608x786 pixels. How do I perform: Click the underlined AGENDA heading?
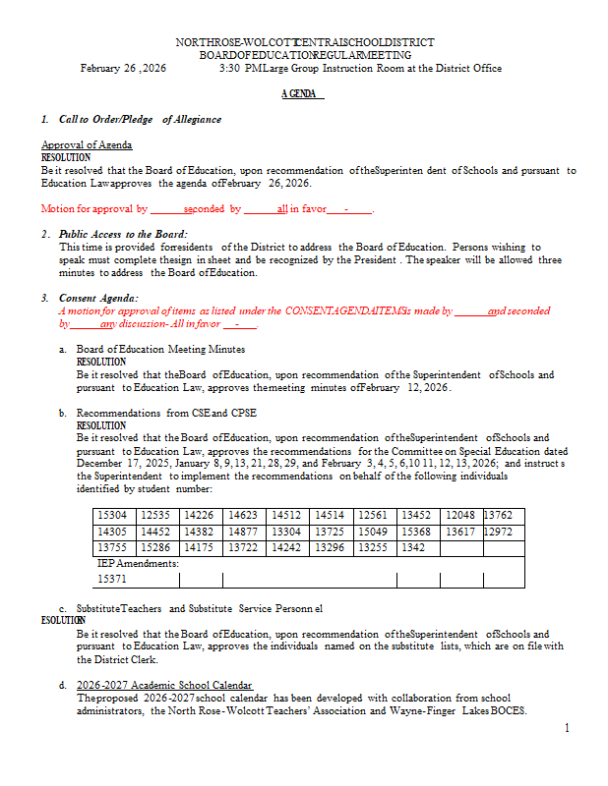[302, 94]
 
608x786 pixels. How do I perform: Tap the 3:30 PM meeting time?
[241, 69]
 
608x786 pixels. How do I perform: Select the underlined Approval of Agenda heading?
[87, 145]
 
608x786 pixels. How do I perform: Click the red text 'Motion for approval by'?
[94, 209]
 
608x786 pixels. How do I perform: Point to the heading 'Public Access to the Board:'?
[123, 234]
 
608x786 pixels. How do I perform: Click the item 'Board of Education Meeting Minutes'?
[160, 349]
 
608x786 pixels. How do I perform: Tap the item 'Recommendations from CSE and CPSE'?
[165, 414]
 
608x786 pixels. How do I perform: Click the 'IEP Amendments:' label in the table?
[138, 564]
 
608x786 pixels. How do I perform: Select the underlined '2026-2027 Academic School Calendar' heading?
[164, 685]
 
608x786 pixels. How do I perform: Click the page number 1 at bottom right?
[567, 728]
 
